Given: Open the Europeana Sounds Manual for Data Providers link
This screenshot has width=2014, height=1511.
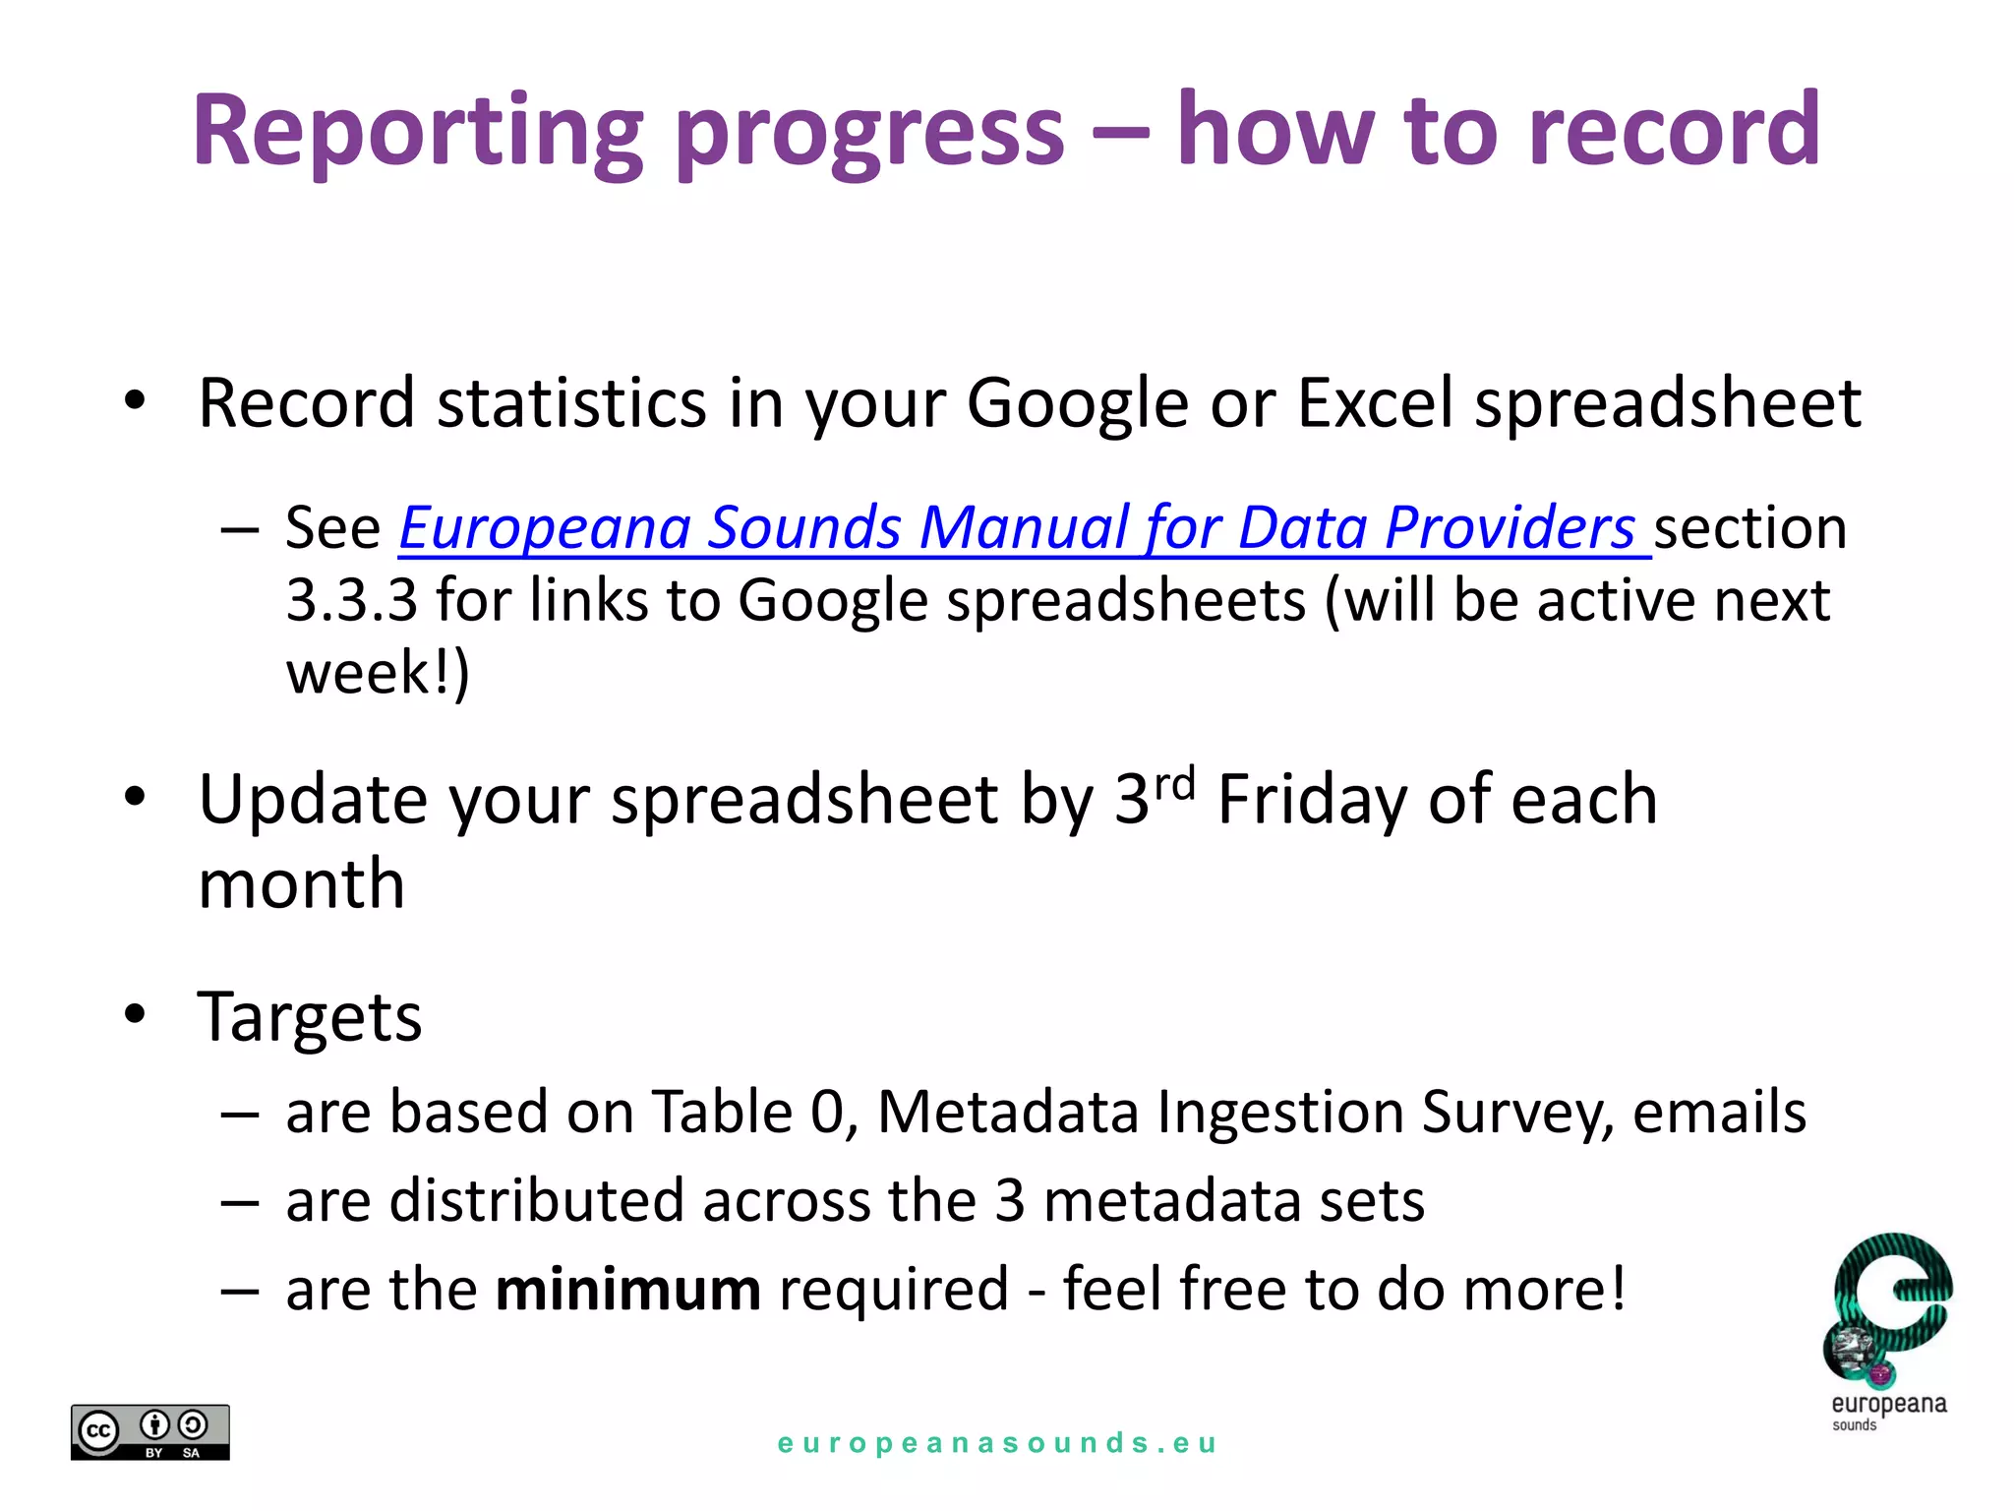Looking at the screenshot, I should [1023, 528].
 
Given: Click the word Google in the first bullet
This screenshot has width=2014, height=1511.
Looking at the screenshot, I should [1077, 404].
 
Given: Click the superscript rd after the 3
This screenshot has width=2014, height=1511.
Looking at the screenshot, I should [1174, 784].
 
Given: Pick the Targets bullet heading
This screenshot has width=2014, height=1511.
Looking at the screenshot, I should [310, 1016].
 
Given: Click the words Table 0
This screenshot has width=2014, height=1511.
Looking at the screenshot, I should [748, 1113].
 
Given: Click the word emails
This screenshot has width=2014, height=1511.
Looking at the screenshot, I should [1718, 1113].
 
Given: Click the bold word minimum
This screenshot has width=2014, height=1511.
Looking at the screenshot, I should [627, 1290].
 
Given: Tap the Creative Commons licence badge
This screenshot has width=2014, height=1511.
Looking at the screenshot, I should [149, 1431].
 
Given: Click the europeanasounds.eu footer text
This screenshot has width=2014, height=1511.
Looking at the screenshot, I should [997, 1443].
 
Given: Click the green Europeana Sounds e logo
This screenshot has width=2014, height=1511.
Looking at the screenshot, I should [1888, 1308].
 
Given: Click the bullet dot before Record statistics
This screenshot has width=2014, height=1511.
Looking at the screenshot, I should [135, 400].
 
